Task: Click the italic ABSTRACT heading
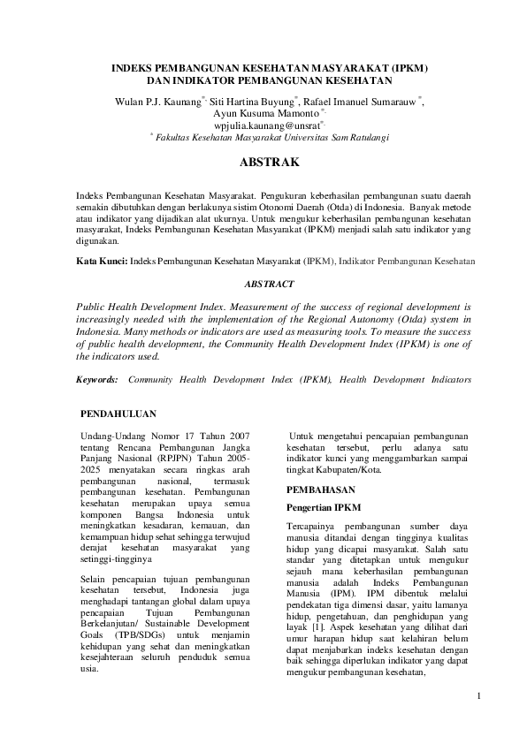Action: [263, 285]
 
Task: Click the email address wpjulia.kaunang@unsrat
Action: [263, 125]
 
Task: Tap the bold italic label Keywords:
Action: [97, 378]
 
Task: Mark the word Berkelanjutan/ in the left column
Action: [112, 622]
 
